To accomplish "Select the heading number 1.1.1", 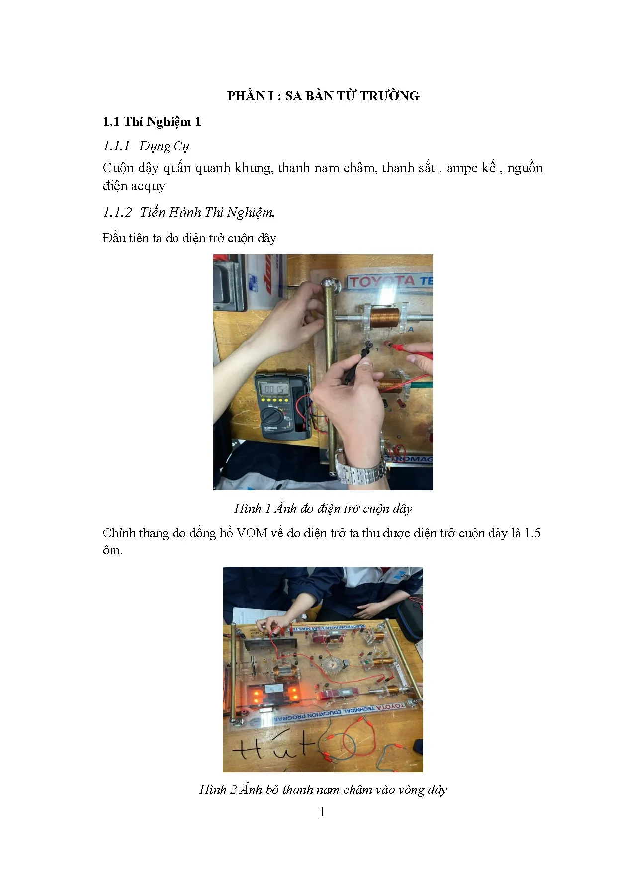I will pos(116,146).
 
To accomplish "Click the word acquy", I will pos(148,186).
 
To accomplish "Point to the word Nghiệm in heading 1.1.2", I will pos(251,213).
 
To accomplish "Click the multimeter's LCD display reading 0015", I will pos(274,389).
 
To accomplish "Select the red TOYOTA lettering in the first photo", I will pos(382,282).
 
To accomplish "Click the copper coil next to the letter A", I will pos(385,317).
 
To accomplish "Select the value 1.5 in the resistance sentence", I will pos(532,533).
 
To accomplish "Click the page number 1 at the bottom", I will pos(323,812).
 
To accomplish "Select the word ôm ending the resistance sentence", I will pos(111,551).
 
